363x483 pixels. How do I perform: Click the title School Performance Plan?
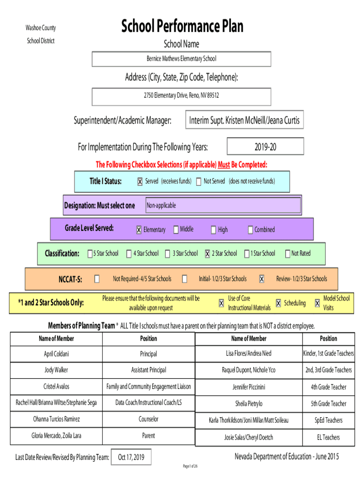(182, 26)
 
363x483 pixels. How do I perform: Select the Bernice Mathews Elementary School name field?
(181, 59)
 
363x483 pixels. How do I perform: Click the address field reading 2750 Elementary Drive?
(181, 96)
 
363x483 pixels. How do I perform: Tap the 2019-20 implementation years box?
(265, 147)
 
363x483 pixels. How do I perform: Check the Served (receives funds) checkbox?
(140, 182)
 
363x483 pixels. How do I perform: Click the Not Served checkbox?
(199, 182)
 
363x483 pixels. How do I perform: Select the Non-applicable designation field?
(222, 206)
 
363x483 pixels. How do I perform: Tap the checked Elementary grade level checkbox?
(139, 230)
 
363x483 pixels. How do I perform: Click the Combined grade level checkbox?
(250, 230)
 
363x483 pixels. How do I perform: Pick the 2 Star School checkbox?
(207, 254)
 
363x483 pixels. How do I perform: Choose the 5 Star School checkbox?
(90, 254)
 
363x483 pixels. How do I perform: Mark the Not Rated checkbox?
(287, 254)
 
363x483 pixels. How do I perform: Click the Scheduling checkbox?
(278, 303)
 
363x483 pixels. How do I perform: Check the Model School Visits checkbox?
(317, 303)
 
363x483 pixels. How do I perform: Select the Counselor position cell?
(148, 419)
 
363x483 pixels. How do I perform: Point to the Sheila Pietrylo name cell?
(249, 404)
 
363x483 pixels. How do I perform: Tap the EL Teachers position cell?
(328, 437)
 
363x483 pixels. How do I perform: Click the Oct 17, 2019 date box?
(132, 457)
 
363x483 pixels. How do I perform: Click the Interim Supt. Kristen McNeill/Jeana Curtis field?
(244, 120)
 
